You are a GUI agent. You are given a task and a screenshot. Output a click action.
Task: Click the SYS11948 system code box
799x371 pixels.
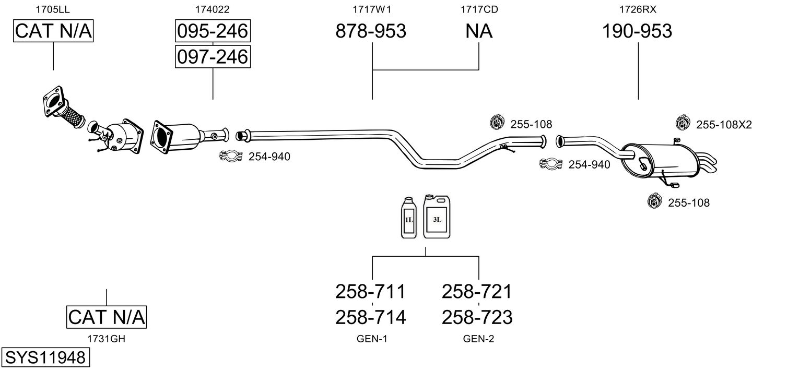click(45, 358)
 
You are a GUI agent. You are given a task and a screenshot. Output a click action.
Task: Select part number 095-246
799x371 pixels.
click(213, 32)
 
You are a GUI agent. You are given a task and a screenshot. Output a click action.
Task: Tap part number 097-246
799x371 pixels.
click(213, 56)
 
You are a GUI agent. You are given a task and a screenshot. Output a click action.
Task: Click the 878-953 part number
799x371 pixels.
click(370, 31)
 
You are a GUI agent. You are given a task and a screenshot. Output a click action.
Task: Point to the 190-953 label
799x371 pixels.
click(637, 31)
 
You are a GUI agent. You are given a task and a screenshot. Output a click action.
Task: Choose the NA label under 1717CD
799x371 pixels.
click(479, 31)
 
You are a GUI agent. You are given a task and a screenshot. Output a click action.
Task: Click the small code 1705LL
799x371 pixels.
click(53, 9)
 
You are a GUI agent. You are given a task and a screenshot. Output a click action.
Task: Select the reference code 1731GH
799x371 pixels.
click(107, 339)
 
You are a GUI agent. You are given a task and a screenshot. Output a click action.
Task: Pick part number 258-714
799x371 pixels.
click(370, 317)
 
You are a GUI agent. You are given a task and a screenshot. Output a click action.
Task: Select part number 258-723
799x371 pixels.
click(477, 317)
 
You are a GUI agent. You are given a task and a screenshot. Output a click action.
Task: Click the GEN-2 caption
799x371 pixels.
click(478, 339)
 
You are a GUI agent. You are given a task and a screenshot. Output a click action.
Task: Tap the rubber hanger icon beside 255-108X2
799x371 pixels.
click(681, 123)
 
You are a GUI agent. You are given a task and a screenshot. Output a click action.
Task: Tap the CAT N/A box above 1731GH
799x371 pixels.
click(107, 317)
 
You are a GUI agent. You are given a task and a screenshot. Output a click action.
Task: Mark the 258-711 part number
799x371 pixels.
click(370, 291)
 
